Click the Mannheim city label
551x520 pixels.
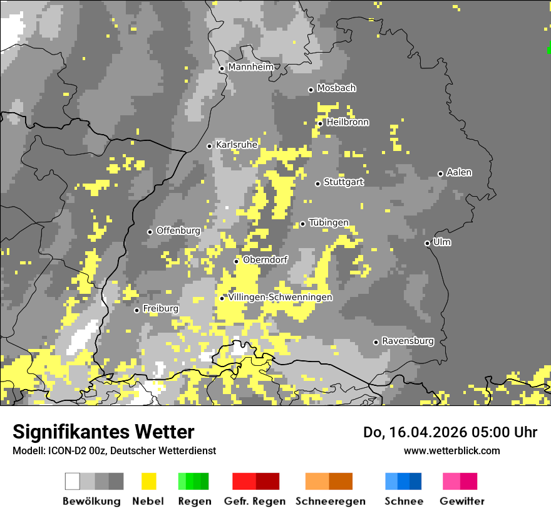tap(250, 67)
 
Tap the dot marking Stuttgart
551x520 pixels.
tap(318, 184)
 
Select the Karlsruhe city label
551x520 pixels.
tap(237, 145)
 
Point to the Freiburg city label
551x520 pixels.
tap(160, 309)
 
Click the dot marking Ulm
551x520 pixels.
tap(427, 243)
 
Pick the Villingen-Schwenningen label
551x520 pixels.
tap(280, 298)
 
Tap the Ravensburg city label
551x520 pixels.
tap(408, 341)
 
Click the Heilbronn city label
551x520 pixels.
tap(348, 122)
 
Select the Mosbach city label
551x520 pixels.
tap(336, 88)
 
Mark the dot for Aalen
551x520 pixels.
tap(440, 174)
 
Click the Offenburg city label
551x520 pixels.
tap(178, 231)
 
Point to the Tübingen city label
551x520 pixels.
tap(329, 223)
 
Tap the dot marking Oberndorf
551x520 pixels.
tap(236, 261)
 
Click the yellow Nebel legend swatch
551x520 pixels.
tap(149, 481)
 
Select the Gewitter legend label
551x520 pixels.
tap(462, 501)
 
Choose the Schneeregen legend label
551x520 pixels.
tap(331, 501)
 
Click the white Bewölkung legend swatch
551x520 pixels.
tap(73, 481)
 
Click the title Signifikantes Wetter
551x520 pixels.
tap(103, 432)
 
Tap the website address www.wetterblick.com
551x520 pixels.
tap(451, 450)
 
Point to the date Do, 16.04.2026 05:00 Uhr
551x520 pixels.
tap(450, 432)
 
